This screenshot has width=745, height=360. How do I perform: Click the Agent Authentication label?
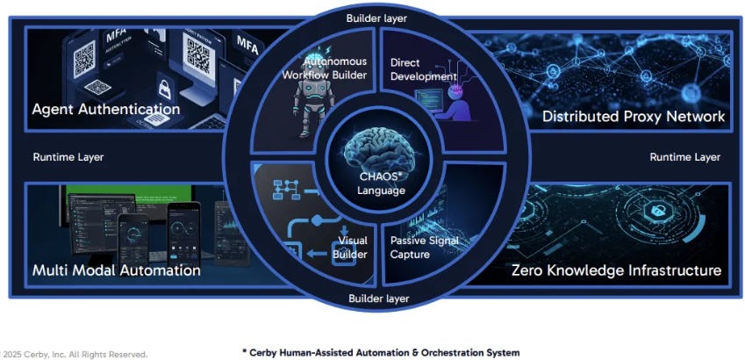click(x=106, y=110)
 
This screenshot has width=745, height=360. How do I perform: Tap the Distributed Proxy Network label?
click(x=634, y=116)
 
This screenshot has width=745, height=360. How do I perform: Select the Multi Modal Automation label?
click(x=117, y=270)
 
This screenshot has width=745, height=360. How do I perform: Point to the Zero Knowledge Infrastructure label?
click(x=617, y=270)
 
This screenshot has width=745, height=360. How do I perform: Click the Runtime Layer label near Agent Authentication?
click(x=68, y=157)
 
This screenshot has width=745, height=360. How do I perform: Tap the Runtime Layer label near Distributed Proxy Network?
click(x=684, y=157)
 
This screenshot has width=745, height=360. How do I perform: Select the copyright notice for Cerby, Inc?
click(x=74, y=354)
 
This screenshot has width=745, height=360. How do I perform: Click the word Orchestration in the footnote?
click(x=450, y=352)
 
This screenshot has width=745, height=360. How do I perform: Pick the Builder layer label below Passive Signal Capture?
click(x=378, y=299)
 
